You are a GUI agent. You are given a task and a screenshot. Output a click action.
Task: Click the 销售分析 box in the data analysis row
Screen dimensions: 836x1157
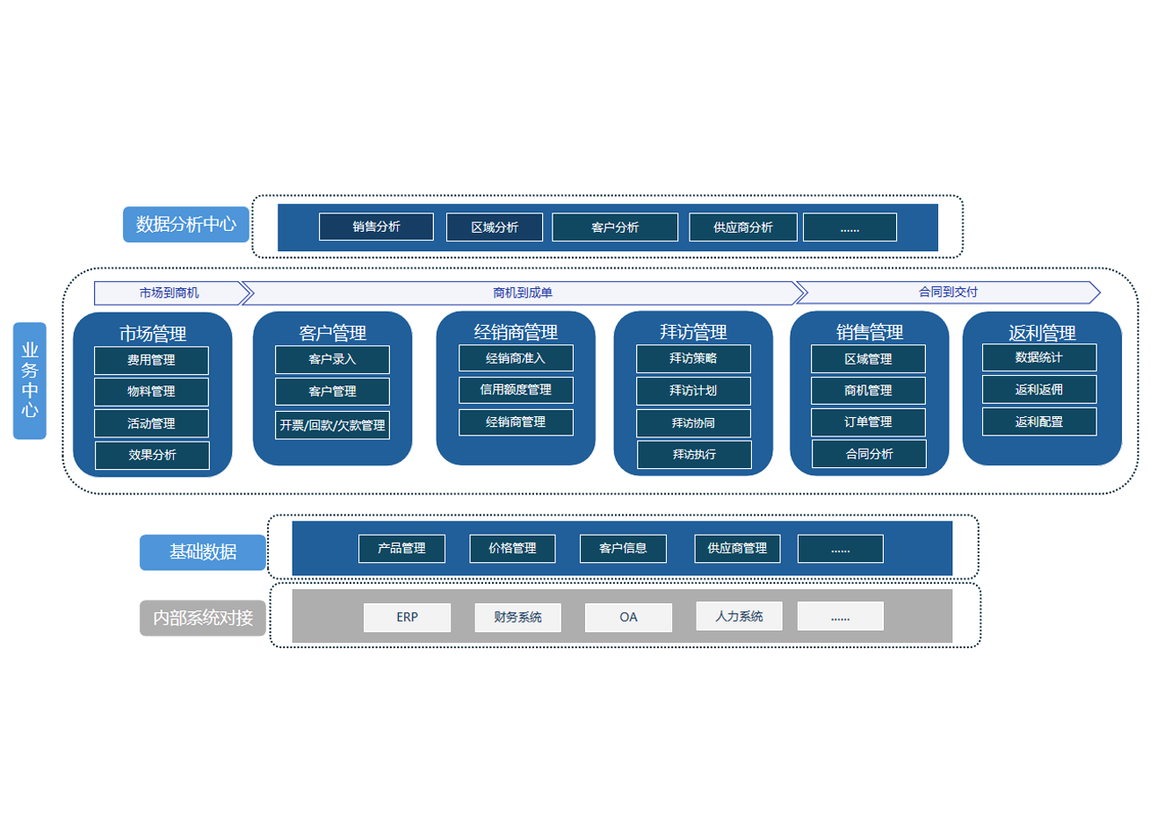point(376,227)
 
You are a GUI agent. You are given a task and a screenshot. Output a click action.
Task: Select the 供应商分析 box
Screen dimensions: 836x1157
point(742,227)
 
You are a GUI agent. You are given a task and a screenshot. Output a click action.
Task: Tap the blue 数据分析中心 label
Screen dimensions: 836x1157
point(185,225)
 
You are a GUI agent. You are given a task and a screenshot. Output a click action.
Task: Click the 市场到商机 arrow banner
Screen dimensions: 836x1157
point(170,292)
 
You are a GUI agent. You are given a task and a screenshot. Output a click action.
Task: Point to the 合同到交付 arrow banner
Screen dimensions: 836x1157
point(947,292)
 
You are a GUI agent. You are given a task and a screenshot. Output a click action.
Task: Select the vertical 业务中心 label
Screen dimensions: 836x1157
point(30,380)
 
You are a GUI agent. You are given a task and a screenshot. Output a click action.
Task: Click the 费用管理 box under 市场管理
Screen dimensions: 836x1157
point(151,360)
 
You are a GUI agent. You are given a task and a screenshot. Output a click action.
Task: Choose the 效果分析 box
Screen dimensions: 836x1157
point(152,455)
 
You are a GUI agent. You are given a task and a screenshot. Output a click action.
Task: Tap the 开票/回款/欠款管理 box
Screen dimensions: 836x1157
point(332,425)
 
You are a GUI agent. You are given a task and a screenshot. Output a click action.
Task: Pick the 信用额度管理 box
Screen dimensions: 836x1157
point(516,390)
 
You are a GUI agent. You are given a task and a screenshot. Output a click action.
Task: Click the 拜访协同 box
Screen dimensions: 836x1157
point(693,423)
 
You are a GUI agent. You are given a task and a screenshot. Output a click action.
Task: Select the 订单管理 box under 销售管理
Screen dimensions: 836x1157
point(868,422)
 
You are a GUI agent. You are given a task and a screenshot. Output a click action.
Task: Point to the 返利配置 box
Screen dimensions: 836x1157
point(1038,422)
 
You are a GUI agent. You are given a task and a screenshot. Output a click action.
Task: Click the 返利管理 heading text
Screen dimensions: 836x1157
point(1042,333)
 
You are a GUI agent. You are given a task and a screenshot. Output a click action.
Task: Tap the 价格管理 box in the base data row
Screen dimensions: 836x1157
point(512,548)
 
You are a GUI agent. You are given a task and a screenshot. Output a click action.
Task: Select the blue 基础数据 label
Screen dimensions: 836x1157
point(202,552)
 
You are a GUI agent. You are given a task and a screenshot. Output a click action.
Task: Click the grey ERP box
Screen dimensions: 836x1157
point(407,617)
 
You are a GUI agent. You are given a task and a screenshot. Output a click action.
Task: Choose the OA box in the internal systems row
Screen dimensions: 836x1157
point(628,617)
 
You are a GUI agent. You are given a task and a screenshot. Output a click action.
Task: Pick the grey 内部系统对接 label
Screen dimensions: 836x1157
point(202,618)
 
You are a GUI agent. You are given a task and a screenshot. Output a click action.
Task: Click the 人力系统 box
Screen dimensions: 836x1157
point(739,616)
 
